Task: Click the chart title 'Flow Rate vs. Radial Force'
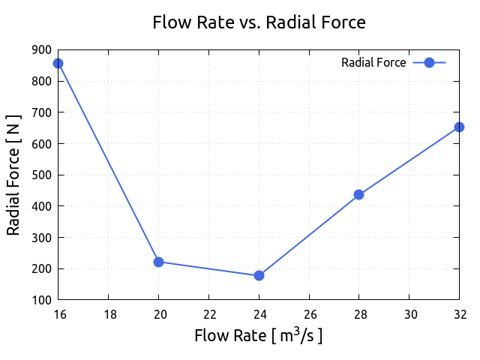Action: tap(259, 22)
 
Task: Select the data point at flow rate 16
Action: tap(58, 63)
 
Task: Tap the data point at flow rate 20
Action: tap(158, 262)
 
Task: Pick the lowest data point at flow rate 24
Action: tap(259, 275)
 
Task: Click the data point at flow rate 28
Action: tap(358, 194)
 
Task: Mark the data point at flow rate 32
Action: tap(459, 127)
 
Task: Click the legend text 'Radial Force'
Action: tap(373, 63)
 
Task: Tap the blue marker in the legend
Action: tap(430, 63)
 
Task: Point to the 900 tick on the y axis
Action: tap(42, 50)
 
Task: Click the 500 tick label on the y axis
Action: tap(42, 175)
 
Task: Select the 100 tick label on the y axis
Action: tap(42, 300)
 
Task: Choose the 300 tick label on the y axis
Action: tap(42, 238)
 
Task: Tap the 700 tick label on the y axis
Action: tap(42, 112)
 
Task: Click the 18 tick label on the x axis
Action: tap(108, 313)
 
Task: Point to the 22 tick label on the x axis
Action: tap(208, 313)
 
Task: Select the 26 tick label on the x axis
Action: tap(309, 313)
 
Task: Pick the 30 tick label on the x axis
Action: tap(409, 313)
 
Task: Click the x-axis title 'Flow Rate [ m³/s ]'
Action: tap(259, 335)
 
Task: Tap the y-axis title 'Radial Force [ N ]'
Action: tap(13, 175)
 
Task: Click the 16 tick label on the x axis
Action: tap(58, 313)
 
